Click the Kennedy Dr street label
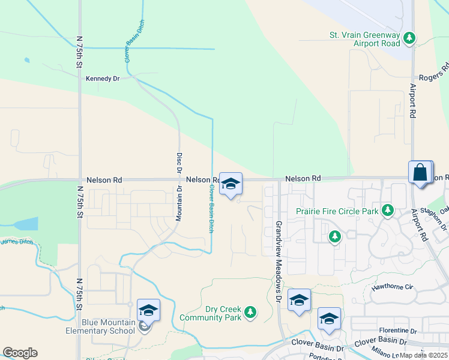click(x=103, y=78)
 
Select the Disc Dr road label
click(x=179, y=163)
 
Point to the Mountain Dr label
click(x=179, y=205)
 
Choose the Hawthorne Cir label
click(x=393, y=287)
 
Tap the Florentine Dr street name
click(x=398, y=331)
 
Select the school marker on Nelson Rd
click(x=230, y=184)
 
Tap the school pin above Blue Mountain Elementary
click(x=148, y=310)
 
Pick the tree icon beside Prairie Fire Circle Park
click(x=388, y=211)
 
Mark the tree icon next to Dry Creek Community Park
click(x=250, y=313)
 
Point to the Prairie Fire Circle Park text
click(x=337, y=211)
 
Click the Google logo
click(x=20, y=353)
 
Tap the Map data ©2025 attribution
click(x=423, y=355)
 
